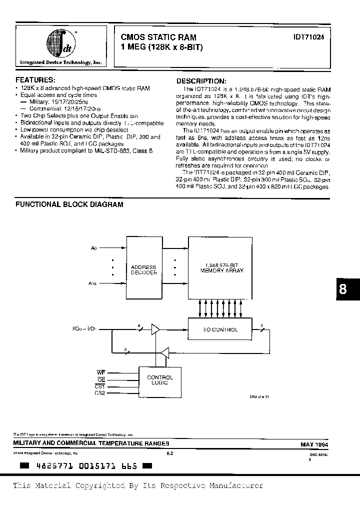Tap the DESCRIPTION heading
[x=201, y=81]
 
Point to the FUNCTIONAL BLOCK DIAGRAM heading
[x=69, y=204]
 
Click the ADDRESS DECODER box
[x=143, y=270]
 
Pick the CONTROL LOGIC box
[x=160, y=380]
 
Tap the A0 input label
[x=94, y=248]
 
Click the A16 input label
[x=93, y=284]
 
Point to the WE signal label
[x=100, y=372]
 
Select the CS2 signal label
[x=100, y=393]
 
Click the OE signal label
[x=101, y=379]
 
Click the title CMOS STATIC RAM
[x=158, y=37]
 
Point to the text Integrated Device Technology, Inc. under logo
[x=60, y=62]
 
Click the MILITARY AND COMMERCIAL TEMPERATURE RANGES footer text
[x=91, y=443]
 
